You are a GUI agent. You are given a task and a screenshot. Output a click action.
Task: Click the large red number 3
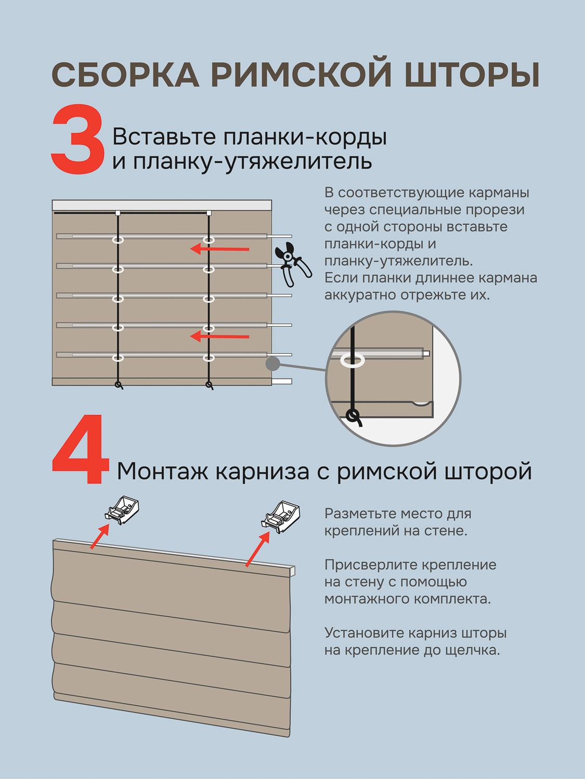click(x=77, y=139)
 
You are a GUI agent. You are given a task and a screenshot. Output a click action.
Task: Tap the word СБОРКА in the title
click(x=125, y=75)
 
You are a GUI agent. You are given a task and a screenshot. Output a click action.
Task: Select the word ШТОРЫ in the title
click(x=472, y=75)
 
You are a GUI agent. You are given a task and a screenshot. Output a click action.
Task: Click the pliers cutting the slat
click(x=293, y=264)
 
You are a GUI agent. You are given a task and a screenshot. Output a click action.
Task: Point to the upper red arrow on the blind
click(x=219, y=249)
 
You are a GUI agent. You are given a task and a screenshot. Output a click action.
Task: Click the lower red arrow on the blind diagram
click(x=219, y=337)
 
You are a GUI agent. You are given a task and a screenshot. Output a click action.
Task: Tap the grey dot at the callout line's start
click(x=273, y=364)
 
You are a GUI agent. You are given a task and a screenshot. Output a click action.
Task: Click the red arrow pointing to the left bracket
click(x=100, y=536)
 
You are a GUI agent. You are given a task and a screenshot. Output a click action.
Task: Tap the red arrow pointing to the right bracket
click(x=257, y=548)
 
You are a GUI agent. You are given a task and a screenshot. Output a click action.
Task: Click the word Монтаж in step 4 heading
click(x=162, y=472)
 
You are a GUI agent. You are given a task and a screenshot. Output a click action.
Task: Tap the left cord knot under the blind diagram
click(x=119, y=385)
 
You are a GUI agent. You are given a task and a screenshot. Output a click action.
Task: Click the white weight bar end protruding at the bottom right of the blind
click(x=282, y=381)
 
